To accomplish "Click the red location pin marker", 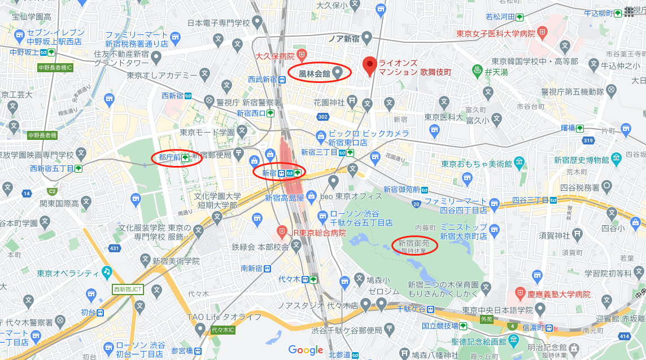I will pos(370,65).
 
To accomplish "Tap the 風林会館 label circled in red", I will pos(315,72).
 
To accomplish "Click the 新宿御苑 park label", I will pos(414,244).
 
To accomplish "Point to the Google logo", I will pos(305,349).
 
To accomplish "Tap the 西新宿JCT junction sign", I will pos(128,289).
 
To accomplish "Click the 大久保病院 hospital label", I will pos(275,56).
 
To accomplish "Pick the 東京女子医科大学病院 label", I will pos(495,34).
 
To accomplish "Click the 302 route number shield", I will pos(323,117).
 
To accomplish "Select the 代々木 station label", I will pos(291,279).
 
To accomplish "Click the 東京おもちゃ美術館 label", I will pos(477,164).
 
